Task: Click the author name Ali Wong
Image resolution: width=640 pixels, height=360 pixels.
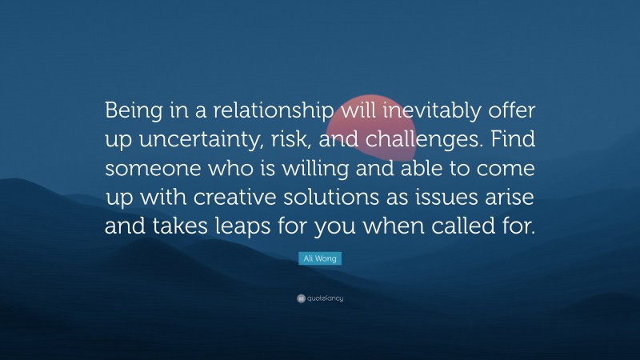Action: click(320, 259)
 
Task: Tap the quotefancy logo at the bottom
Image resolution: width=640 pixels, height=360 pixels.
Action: click(320, 298)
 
